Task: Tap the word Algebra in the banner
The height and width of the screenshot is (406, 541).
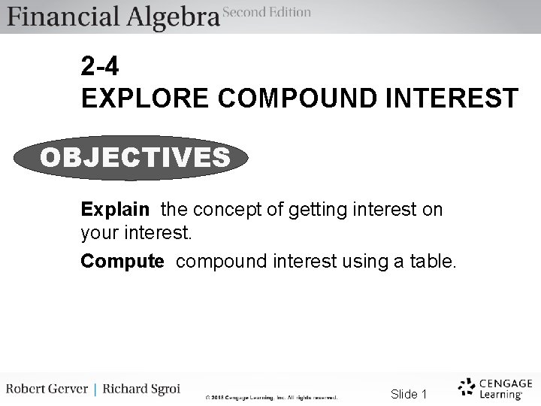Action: point(172,17)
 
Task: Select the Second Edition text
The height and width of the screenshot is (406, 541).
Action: point(267,11)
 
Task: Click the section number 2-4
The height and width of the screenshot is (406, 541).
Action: point(99,68)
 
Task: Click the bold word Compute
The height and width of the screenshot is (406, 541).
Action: point(122,261)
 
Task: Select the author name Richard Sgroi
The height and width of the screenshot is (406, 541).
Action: point(141,390)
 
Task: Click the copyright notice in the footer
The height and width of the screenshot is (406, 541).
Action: point(271,397)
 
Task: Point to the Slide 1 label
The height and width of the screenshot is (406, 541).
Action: point(409,394)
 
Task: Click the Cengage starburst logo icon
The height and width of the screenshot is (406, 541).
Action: point(467,386)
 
